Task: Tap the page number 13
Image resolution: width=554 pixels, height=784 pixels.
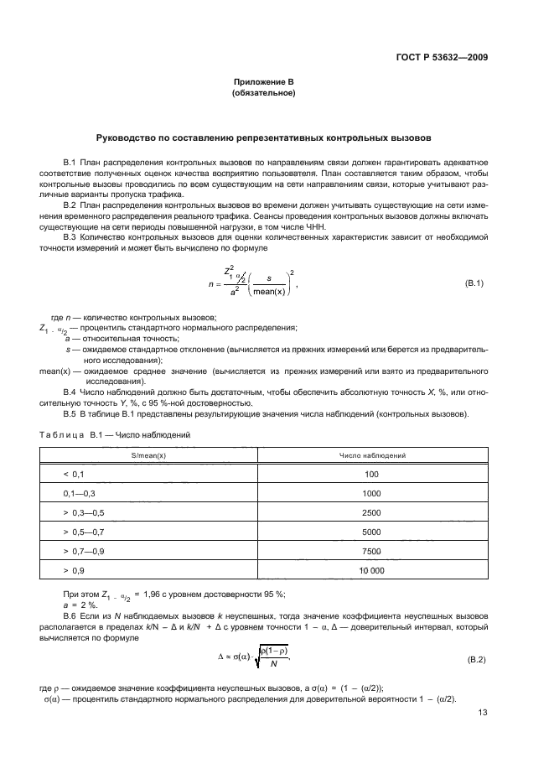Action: [x=483, y=714]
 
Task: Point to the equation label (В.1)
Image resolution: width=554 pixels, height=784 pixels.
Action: [x=474, y=283]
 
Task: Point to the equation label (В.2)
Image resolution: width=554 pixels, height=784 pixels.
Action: [x=474, y=662]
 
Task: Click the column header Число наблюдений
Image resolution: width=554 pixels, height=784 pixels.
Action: [x=372, y=454]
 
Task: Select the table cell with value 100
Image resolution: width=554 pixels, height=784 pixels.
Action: [x=372, y=474]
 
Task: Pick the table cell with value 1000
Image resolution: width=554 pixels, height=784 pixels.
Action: [x=372, y=493]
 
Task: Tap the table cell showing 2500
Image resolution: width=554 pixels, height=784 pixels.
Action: [x=372, y=512]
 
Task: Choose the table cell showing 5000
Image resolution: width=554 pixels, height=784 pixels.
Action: [x=372, y=532]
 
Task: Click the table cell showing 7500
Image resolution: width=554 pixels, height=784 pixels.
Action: [x=372, y=551]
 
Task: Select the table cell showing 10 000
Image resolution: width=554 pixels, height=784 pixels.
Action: [x=372, y=570]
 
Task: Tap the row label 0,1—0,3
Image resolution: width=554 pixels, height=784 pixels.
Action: [x=80, y=493]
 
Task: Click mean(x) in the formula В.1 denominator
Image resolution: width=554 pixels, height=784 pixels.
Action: [x=269, y=292]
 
